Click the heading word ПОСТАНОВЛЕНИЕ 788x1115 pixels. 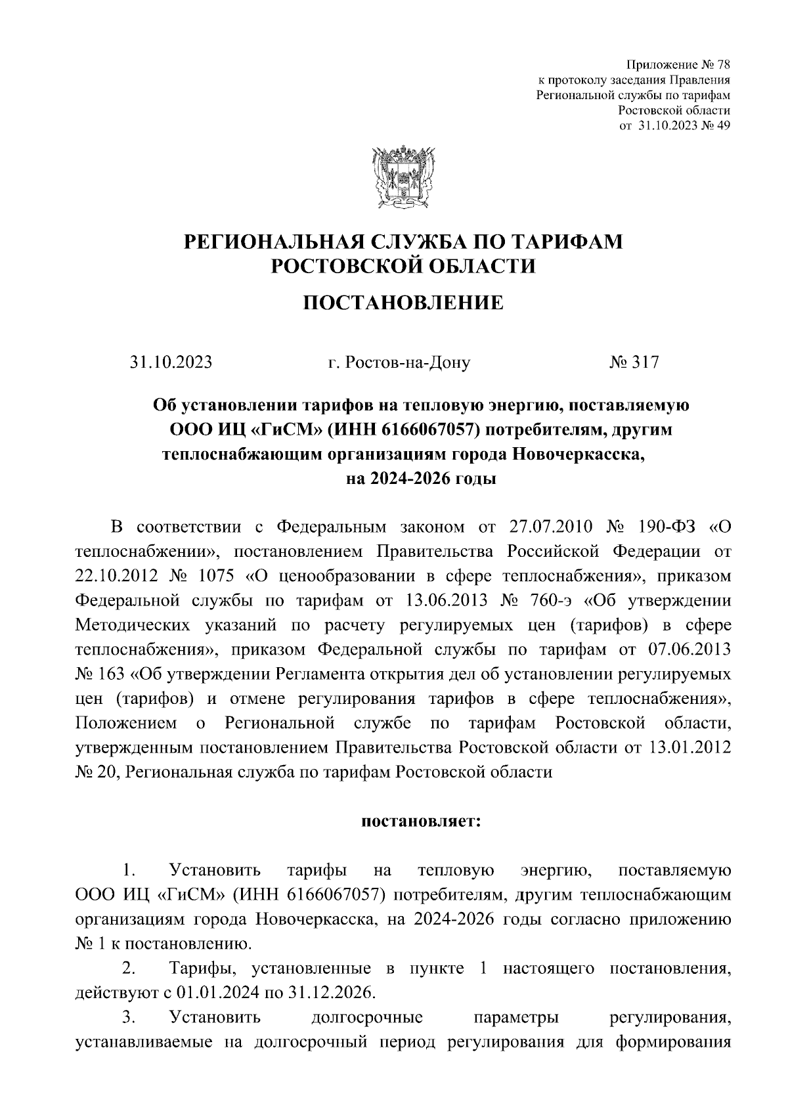pos(403,303)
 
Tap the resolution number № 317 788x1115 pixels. pos(634,362)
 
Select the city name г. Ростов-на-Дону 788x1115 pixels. pos(399,362)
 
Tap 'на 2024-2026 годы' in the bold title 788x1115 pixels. pos(420,479)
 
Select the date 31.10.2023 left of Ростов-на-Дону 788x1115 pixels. pos(171,362)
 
